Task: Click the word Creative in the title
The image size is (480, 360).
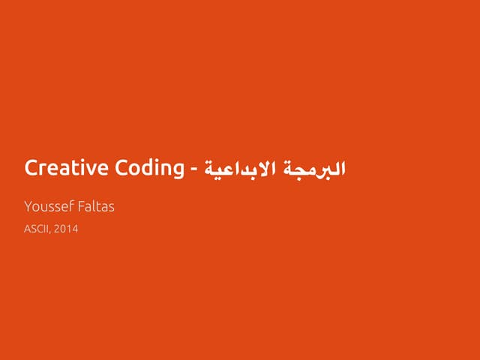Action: point(67,167)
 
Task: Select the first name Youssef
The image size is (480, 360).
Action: point(49,206)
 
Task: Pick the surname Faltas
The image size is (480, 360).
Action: point(96,206)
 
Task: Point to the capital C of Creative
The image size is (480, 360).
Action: point(31,167)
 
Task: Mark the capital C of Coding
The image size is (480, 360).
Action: point(121,167)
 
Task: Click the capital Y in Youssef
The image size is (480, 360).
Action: point(28,206)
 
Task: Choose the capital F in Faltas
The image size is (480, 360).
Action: point(81,206)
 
